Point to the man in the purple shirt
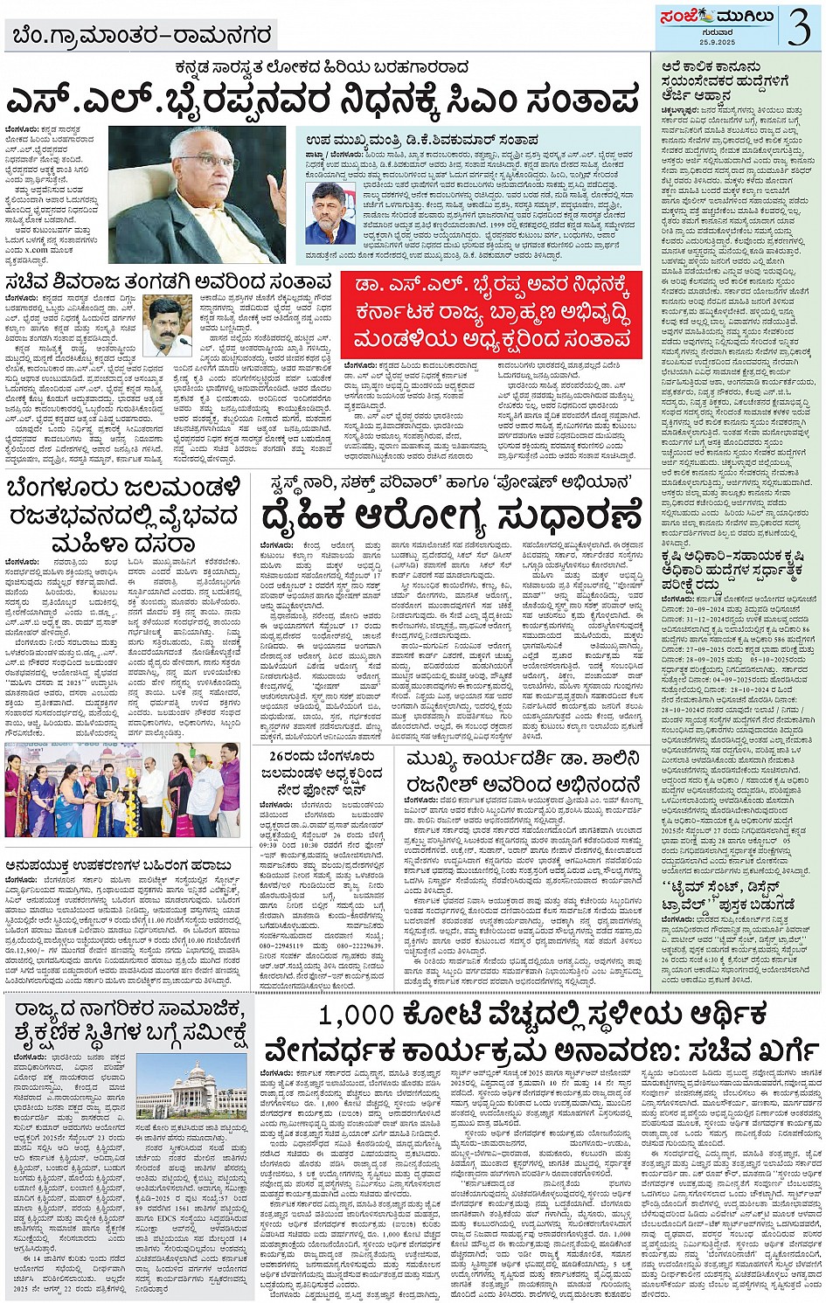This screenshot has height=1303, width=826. (x=229, y=787)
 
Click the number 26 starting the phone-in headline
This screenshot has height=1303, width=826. (x=280, y=755)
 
